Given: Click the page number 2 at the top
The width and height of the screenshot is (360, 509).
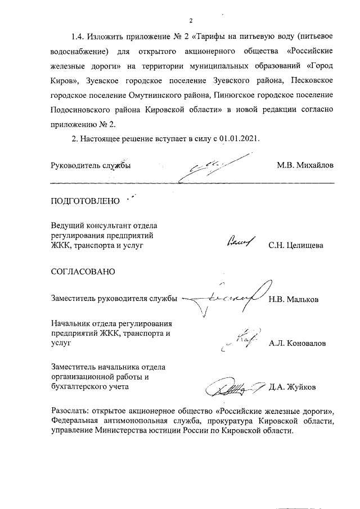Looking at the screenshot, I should [191, 21].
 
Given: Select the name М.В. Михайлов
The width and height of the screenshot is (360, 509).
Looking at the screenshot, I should [305, 166].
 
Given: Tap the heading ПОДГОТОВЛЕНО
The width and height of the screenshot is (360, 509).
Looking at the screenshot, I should [85, 201].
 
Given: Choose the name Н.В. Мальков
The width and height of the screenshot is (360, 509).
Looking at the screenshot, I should [294, 299].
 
